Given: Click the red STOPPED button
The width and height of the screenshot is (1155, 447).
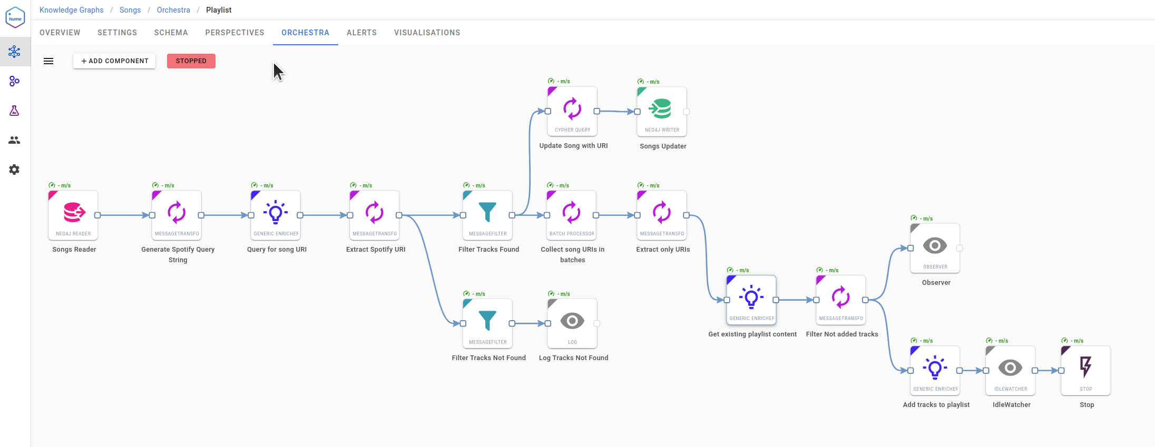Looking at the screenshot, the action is pos(191,61).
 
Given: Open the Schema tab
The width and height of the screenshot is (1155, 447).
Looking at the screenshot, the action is pos(171,33).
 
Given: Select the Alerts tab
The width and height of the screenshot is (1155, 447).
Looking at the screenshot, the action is pos(361,33).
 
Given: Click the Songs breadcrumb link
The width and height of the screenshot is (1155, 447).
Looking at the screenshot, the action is pos(130,10).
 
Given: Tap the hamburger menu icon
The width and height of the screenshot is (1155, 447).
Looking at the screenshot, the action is pos(48,61).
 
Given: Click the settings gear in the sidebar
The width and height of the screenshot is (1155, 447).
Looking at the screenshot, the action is pos(14,170).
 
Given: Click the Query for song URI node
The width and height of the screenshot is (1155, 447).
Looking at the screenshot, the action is pos(276,215).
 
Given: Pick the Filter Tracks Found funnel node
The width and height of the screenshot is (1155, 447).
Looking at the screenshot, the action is pos(487,215).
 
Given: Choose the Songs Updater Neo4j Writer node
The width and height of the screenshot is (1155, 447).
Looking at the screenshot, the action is pos(662,112).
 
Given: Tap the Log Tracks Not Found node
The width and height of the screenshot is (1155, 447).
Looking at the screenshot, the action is pos(572,324).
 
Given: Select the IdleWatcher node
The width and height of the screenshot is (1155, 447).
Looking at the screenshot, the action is pos(1011,371).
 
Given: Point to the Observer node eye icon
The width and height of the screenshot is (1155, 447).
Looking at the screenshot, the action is pos(935,245).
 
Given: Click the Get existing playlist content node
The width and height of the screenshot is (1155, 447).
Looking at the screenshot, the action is pos(751,300).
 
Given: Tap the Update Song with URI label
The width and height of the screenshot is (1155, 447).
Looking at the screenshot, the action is pos(573,146).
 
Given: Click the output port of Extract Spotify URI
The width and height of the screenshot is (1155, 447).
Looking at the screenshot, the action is pos(399,215).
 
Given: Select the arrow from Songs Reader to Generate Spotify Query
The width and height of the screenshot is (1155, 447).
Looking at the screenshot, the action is pos(124,215).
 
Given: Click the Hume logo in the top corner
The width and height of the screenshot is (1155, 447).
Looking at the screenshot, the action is pos(15,18).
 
